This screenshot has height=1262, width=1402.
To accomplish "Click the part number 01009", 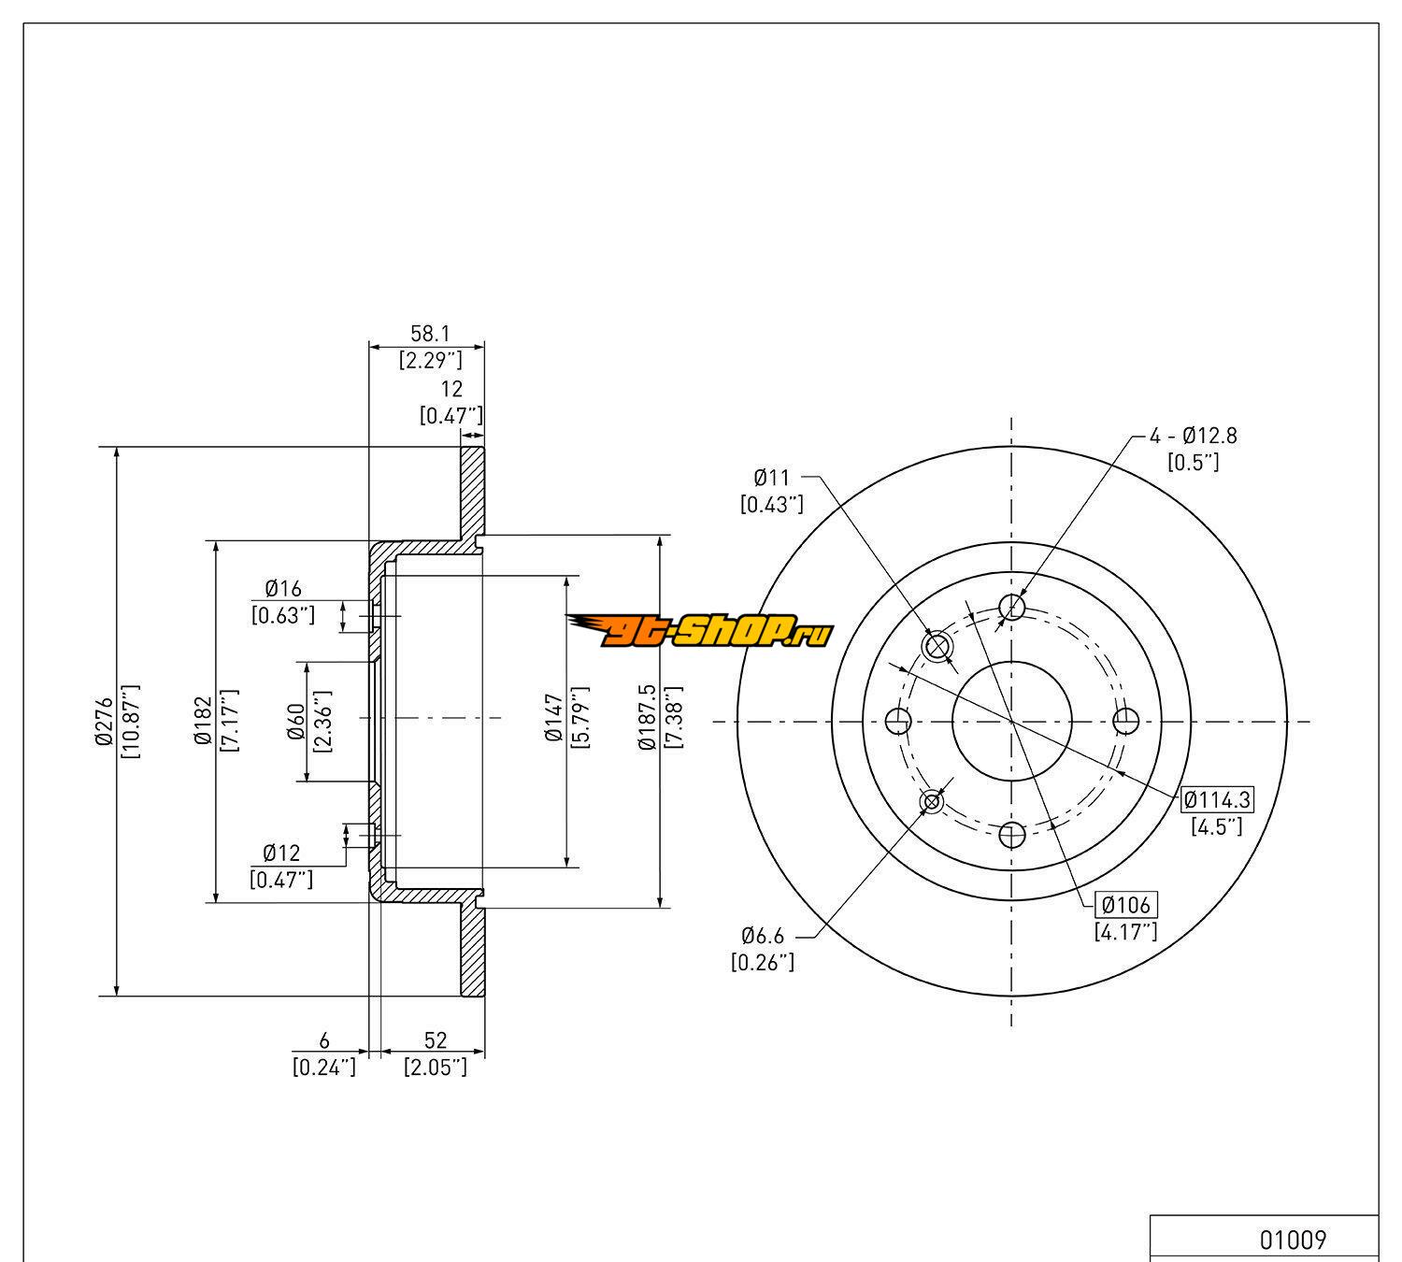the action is pos(1293,1240).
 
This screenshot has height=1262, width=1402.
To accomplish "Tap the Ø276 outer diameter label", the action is pos(105,721).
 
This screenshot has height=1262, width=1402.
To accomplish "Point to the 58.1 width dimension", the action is pos(430,333).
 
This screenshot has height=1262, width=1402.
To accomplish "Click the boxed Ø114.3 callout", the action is pos(1218,799).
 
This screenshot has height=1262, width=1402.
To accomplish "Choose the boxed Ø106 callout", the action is pos(1125,905).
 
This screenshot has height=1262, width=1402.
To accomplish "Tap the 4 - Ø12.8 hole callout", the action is pos(1194,436).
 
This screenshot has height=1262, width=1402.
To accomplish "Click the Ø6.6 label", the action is pos(763,936).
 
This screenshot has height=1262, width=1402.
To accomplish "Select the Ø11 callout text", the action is pos(772,478).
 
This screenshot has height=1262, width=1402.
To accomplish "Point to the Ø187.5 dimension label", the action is pos(647,717).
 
